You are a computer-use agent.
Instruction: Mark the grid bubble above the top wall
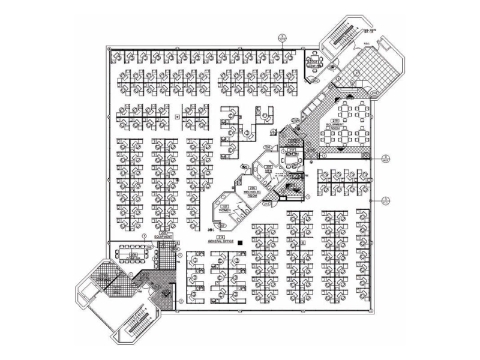[285, 36]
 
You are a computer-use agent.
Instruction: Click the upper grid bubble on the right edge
[385, 156]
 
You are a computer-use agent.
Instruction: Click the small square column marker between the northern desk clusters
[177, 116]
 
